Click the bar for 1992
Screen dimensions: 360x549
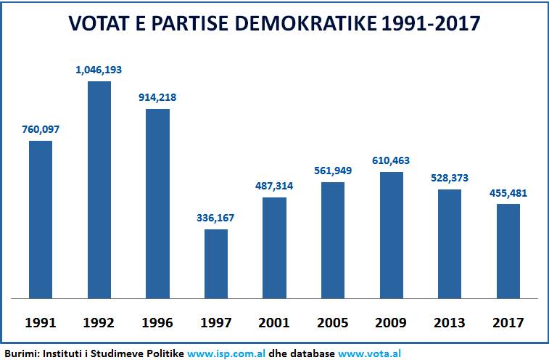[99, 190]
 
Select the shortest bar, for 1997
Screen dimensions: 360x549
[216, 264]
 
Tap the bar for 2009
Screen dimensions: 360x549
[392, 235]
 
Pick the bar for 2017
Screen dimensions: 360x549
[508, 251]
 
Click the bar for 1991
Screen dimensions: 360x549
[41, 219]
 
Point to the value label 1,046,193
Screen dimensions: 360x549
[99, 71]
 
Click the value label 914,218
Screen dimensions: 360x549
[157, 98]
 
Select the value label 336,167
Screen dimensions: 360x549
[216, 218]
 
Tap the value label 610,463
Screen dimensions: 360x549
[392, 160]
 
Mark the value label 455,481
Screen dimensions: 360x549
[508, 193]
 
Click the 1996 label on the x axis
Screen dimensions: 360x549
[157, 322]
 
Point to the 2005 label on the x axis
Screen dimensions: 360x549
[333, 322]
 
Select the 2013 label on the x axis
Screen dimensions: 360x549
[450, 322]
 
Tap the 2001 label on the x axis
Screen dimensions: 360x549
[274, 322]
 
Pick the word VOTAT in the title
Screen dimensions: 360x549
[96, 24]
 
